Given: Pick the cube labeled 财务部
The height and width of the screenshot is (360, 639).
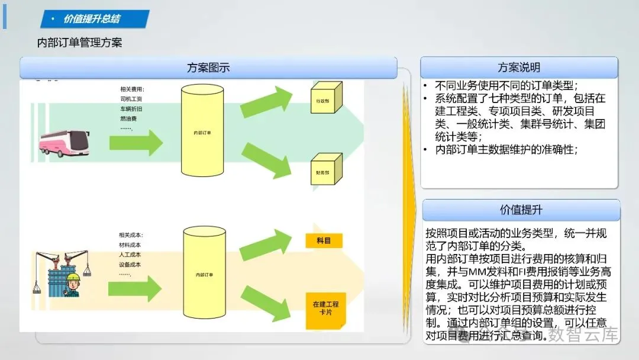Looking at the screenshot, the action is click(325, 168).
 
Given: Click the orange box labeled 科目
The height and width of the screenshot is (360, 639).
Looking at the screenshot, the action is click(324, 241).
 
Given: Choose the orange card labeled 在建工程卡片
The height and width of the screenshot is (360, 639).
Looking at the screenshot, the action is click(326, 309).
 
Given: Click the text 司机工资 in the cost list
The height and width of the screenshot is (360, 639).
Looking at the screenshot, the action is click(131, 99).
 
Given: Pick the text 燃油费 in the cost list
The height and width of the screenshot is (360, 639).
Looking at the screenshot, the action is click(128, 118).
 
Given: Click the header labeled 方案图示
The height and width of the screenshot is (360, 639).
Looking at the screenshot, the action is click(208, 67).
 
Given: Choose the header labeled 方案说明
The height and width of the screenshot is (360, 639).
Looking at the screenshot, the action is click(518, 67).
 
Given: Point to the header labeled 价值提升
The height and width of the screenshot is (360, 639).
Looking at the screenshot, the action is click(521, 210).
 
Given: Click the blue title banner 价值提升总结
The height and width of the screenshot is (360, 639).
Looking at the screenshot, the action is click(92, 19).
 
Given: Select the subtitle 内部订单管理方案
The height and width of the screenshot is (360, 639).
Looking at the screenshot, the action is click(79, 43).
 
